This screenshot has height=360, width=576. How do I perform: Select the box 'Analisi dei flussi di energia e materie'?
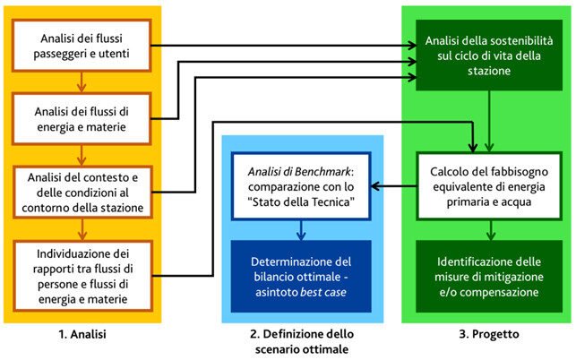[82, 119]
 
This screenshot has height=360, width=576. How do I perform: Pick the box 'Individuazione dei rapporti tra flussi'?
[82, 267]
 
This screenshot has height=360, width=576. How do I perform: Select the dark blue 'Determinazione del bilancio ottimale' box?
[302, 269]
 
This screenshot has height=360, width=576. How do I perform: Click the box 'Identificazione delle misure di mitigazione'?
[488, 269]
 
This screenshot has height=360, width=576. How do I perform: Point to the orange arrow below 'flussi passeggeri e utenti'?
[82, 83]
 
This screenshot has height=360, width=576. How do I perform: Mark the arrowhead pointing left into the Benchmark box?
[375, 187]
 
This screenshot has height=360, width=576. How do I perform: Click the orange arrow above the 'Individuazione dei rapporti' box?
[82, 229]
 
